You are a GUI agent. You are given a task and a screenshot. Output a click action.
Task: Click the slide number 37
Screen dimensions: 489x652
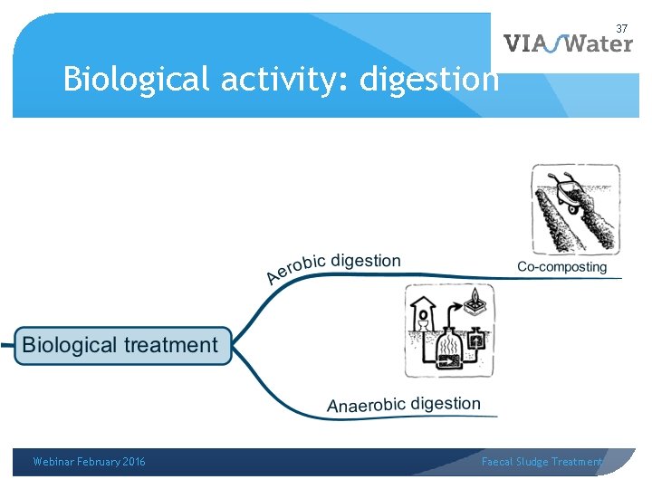pos(622,28)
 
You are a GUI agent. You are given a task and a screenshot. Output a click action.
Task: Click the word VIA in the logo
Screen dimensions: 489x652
pos(525,43)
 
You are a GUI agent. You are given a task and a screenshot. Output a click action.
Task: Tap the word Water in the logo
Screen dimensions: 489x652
pos(597,43)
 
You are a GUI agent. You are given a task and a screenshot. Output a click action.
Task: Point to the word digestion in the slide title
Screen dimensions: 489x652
pos(429,80)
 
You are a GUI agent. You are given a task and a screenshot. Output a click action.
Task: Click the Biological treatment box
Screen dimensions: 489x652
pos(120,345)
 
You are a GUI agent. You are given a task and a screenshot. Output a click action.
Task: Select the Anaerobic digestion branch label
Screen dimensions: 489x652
pos(404,405)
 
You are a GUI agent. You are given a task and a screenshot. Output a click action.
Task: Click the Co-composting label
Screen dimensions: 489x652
pos(561,267)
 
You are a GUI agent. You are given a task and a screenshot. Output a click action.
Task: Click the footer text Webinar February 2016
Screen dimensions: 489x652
pos(89,462)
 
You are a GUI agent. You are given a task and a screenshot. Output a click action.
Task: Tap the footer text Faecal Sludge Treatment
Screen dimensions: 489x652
pos(542,462)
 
